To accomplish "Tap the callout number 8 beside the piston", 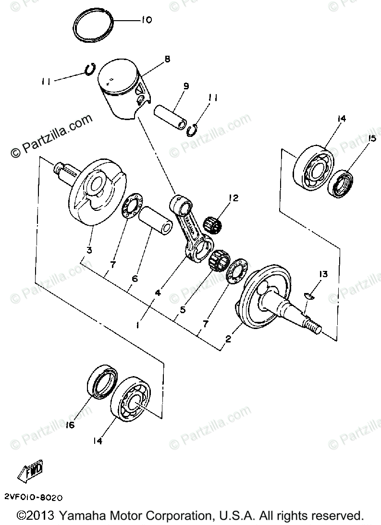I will (167, 60).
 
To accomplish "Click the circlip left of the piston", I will (90, 70).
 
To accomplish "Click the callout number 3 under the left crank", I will (89, 250).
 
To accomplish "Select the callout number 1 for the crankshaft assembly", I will (138, 325).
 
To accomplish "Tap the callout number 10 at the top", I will (146, 21).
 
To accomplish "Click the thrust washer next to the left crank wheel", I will (129, 208).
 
